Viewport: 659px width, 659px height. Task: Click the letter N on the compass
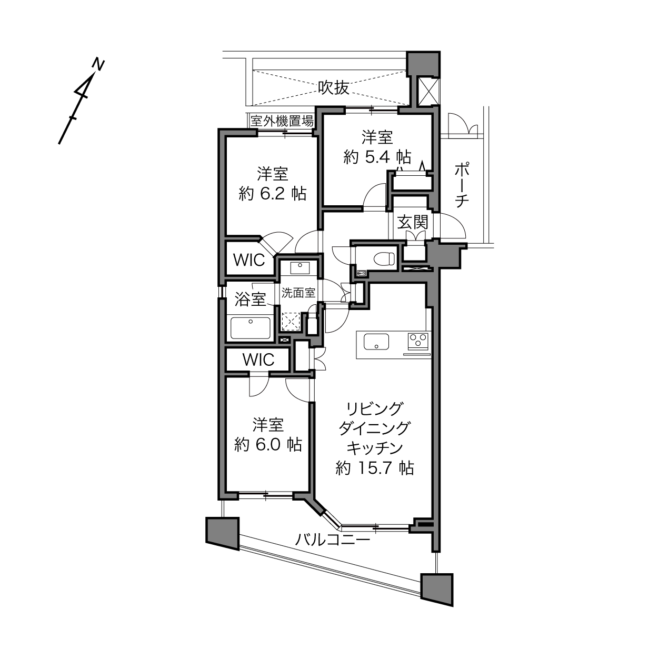coord(99,65)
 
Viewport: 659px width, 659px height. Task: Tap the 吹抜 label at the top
coord(333,88)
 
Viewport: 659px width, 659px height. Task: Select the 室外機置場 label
coord(282,121)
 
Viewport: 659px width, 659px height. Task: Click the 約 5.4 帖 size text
coord(377,157)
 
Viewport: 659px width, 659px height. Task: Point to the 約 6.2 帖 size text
coord(272,194)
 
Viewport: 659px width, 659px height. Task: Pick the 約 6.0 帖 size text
coord(268,445)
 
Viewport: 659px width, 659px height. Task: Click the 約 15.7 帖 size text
coord(374,468)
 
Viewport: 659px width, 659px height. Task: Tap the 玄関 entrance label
coord(413,223)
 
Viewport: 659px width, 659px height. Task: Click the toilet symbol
coord(384,258)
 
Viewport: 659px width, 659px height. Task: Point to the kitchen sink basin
coord(376,342)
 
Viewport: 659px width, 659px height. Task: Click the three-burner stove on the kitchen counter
coord(418,341)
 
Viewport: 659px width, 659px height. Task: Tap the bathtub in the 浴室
coord(251,328)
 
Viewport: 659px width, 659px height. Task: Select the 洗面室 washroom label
coord(298,293)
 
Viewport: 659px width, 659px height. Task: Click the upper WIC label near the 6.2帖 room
coord(249,260)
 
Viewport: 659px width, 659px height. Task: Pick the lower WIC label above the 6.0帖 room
coord(258,360)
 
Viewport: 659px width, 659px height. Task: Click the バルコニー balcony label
coord(333,540)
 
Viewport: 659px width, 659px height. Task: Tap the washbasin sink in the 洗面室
coord(300,268)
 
